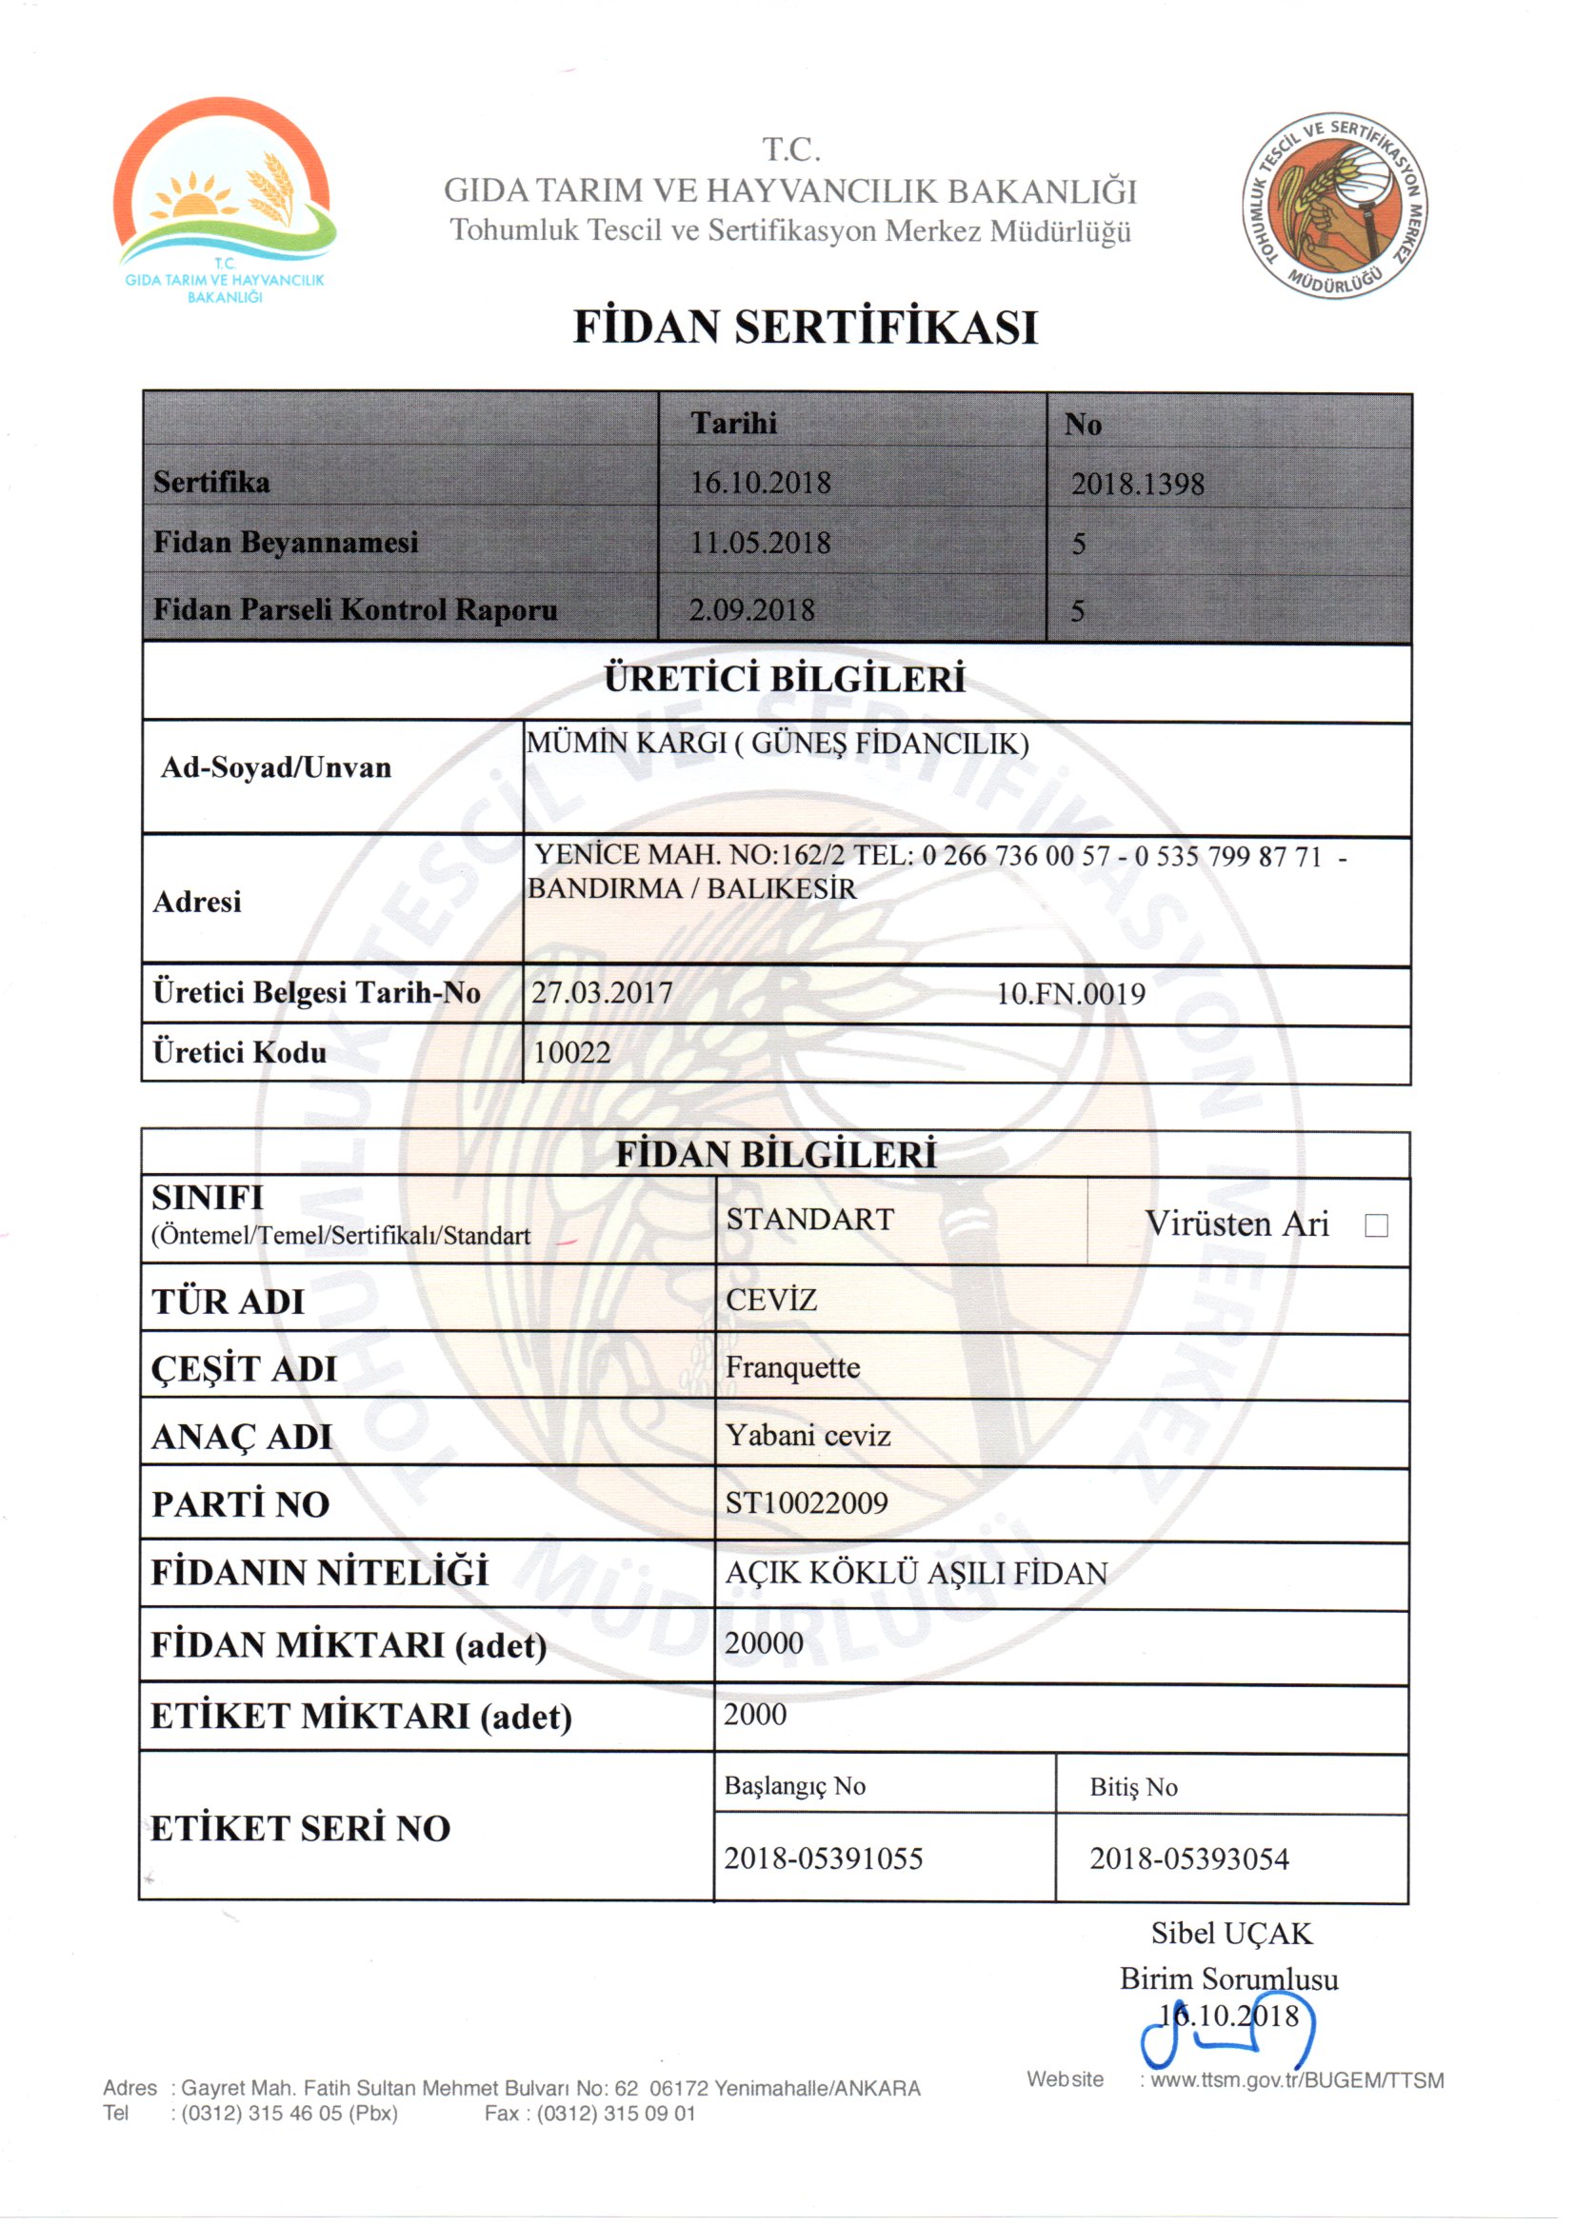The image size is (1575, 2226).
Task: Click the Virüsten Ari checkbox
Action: tap(1375, 1225)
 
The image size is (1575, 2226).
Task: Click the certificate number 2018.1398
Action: tap(1137, 484)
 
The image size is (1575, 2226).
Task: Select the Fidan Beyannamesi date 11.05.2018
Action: tap(759, 543)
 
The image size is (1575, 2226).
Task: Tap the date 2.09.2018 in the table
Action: tap(750, 610)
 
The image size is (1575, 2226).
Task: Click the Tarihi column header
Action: tap(733, 424)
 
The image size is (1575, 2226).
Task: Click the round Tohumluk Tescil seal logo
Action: tap(1334, 205)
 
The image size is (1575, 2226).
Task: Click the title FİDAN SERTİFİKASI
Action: tap(805, 328)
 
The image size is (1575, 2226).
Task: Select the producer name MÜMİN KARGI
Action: tap(626, 744)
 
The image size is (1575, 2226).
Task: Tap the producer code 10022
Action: tap(571, 1053)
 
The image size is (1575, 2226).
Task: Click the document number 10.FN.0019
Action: tap(1069, 994)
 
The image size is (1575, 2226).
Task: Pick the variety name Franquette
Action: tap(792, 1368)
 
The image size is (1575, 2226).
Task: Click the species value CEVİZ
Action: tap(771, 1301)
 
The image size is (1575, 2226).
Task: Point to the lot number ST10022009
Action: tap(806, 1502)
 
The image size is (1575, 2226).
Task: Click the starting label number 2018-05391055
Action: tap(823, 1858)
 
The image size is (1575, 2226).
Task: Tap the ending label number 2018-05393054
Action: tap(1188, 1859)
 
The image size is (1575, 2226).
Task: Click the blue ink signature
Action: tap(1226, 2044)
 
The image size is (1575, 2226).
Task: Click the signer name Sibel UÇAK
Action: tap(1229, 1933)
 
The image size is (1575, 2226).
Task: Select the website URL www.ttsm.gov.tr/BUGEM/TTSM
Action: tap(1297, 2080)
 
